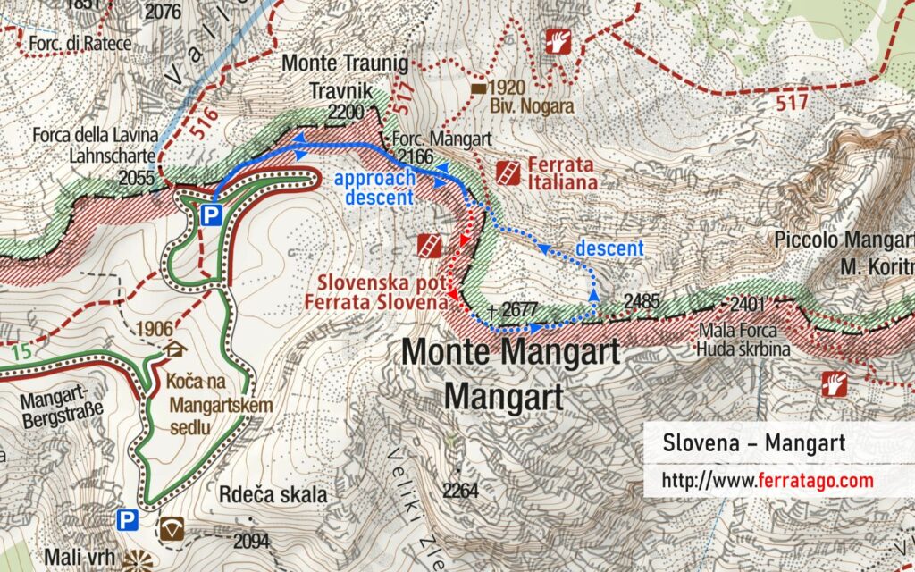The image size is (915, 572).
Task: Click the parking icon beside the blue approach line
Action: (211, 214)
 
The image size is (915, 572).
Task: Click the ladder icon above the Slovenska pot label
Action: (430, 245)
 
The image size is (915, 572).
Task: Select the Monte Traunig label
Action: (344, 64)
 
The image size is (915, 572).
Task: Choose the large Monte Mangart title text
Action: (510, 351)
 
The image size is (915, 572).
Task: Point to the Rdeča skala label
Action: (273, 494)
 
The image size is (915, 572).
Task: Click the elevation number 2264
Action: (459, 490)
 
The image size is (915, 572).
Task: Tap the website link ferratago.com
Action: (767, 481)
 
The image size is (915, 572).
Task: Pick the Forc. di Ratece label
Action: (80, 43)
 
